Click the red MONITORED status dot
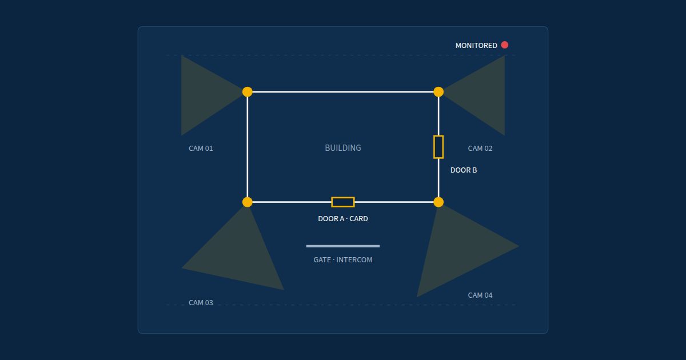point(505,45)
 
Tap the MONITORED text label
point(476,46)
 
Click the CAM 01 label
point(201,149)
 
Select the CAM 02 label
point(480,149)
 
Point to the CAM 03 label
point(201,303)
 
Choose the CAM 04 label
point(480,295)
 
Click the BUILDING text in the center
point(343,148)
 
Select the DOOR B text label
point(464,170)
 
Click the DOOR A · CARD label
point(343,219)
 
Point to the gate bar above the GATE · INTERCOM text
point(343,246)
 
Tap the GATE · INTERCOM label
point(343,260)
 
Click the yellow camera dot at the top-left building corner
point(248,92)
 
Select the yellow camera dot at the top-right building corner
point(438,92)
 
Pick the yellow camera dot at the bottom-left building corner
point(248,202)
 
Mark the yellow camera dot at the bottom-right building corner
point(438,202)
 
